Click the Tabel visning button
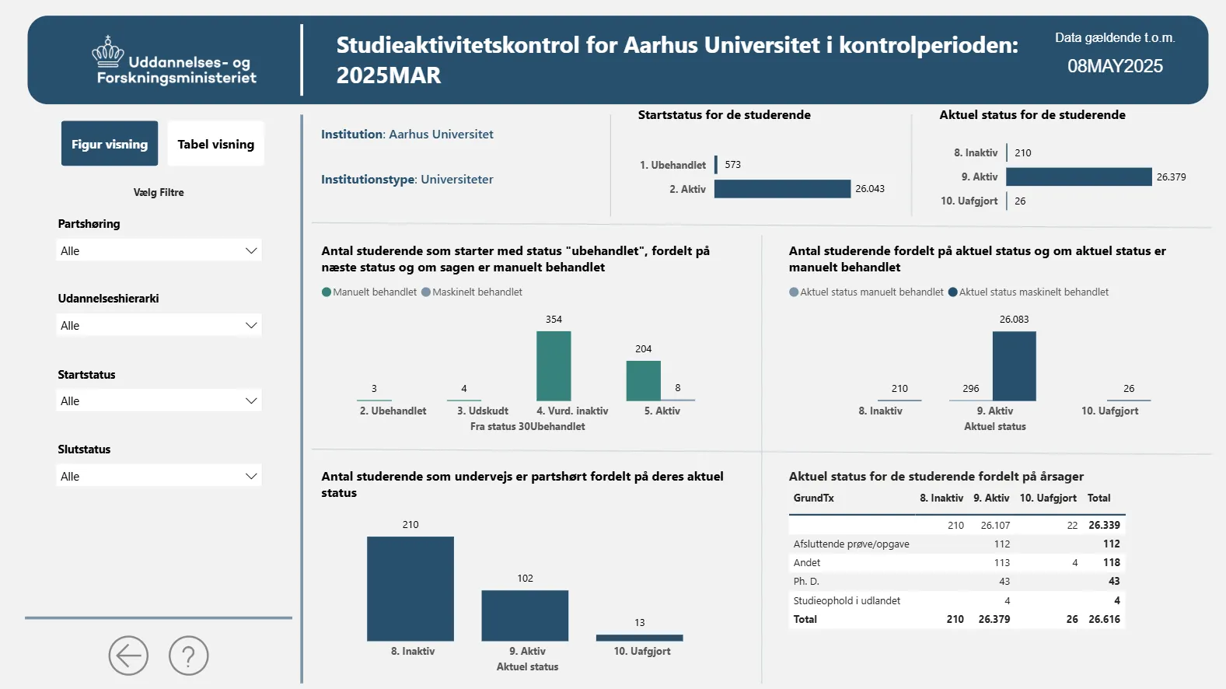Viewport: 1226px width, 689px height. click(215, 144)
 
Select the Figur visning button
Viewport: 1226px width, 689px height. click(110, 144)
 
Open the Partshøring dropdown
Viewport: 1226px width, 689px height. click(159, 250)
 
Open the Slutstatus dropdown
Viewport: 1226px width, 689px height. click(159, 476)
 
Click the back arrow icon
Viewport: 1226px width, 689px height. click(128, 656)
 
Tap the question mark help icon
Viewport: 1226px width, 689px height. click(189, 656)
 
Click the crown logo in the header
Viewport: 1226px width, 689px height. click(108, 53)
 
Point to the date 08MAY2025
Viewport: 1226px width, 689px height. click(1115, 66)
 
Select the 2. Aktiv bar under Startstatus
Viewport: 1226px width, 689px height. click(782, 189)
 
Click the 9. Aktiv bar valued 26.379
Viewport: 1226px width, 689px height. click(1078, 177)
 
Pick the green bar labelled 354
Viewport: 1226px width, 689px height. click(554, 365)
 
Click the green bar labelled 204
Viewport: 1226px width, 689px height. click(644, 380)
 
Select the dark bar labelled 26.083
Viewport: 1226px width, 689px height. click(1014, 365)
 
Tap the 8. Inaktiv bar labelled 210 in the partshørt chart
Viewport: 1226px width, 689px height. click(410, 588)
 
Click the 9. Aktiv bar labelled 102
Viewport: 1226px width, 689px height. click(525, 615)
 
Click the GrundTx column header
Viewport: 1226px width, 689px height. click(813, 498)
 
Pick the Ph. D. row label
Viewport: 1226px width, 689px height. click(806, 581)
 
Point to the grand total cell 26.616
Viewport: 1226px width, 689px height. click(1104, 619)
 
